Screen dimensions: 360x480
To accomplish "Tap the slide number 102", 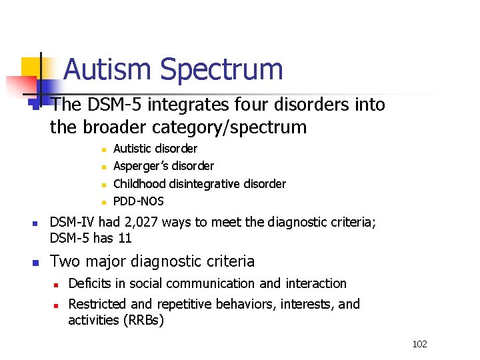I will tap(419, 344).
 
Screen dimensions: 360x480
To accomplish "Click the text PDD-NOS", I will tap(139, 201).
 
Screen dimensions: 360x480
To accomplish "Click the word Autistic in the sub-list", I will tap(133, 149).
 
